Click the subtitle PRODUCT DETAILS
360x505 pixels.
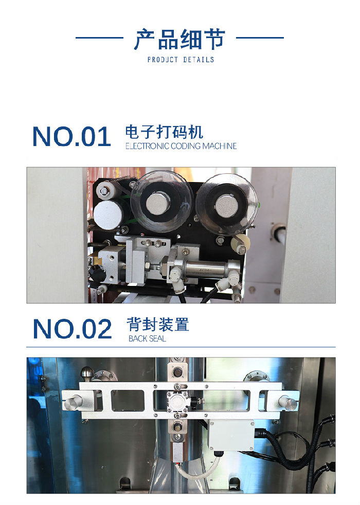180,60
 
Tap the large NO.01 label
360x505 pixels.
71,136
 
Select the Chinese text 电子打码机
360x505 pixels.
164,132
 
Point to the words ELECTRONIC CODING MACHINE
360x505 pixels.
181,146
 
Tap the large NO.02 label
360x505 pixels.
72,329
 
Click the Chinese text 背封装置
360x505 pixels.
157,324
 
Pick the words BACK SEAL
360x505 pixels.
147,339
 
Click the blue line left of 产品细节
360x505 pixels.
99,38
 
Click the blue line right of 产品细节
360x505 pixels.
260,38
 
